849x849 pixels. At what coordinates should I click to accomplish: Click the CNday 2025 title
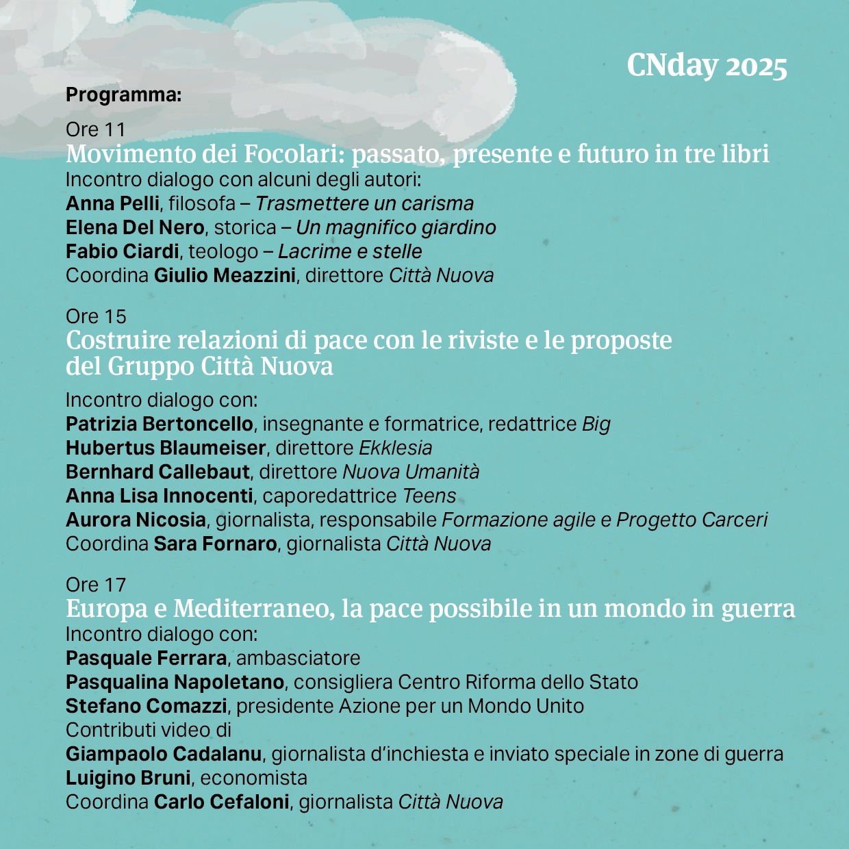707,66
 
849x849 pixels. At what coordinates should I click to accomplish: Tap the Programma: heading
123,94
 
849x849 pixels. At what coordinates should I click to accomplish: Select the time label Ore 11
95,129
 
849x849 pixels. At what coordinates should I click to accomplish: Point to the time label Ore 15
96,316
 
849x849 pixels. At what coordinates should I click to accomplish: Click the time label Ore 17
96,585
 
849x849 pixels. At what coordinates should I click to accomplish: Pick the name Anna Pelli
112,203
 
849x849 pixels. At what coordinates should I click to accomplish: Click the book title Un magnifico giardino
396,227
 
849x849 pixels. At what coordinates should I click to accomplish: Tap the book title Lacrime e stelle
350,251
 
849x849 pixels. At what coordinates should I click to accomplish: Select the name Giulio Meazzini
225,275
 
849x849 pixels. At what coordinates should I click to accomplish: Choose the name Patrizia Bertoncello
160,424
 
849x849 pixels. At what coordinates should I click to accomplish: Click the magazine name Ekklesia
396,448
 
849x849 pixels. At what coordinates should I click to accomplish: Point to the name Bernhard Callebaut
158,472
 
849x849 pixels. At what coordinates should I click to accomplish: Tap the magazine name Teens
429,496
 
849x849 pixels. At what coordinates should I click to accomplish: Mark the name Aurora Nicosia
136,520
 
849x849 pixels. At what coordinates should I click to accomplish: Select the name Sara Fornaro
215,544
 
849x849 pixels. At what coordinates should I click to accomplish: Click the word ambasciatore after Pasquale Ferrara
298,658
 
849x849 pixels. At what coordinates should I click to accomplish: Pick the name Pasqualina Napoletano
175,682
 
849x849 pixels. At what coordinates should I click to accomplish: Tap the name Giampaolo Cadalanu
164,754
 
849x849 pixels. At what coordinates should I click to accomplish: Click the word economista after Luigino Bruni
254,778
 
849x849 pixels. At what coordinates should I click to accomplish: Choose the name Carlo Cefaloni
221,802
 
